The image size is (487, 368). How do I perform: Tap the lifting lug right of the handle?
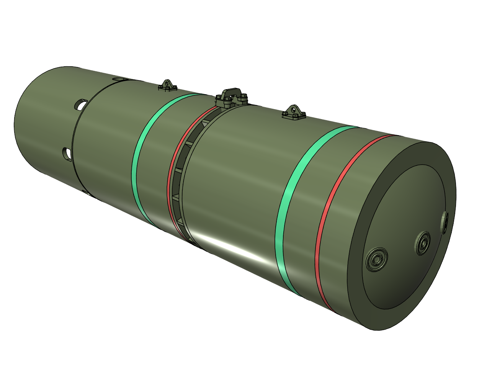[294, 111]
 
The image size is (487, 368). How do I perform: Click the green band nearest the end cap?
[288, 214]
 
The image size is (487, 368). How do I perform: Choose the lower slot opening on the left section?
[68, 153]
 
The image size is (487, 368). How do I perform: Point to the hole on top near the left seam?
[119, 79]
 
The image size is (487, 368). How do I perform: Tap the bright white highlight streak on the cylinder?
[234, 249]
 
